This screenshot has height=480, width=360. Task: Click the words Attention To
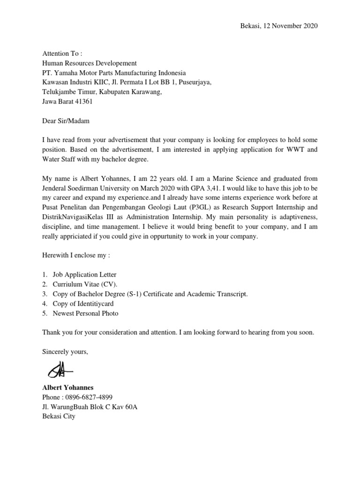(x=62, y=54)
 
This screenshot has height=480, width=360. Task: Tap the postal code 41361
(x=82, y=101)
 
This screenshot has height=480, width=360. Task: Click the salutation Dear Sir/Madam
(x=65, y=121)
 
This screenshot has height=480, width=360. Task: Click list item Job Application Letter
(x=84, y=275)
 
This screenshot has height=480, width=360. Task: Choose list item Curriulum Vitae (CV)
(x=85, y=285)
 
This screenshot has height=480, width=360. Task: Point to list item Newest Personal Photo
(x=85, y=313)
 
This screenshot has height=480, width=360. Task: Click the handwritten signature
(x=60, y=369)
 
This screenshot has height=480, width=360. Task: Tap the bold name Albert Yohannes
(x=67, y=388)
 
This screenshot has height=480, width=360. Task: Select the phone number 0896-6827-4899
(x=89, y=397)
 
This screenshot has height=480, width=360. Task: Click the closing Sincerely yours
(x=65, y=352)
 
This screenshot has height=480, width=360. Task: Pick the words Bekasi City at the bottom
(x=58, y=416)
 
